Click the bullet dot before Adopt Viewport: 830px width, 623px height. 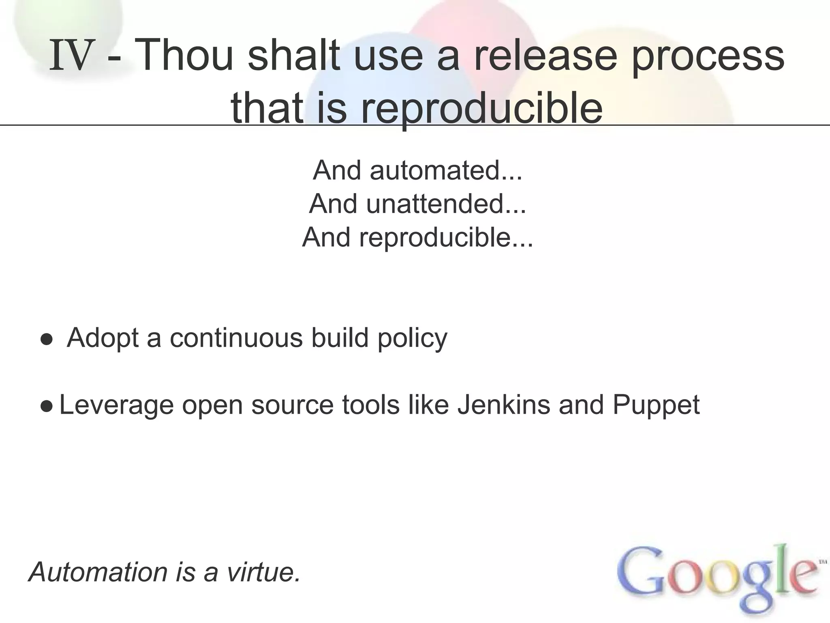pyautogui.click(x=46, y=339)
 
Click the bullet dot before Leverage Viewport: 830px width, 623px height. pyautogui.click(x=46, y=406)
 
